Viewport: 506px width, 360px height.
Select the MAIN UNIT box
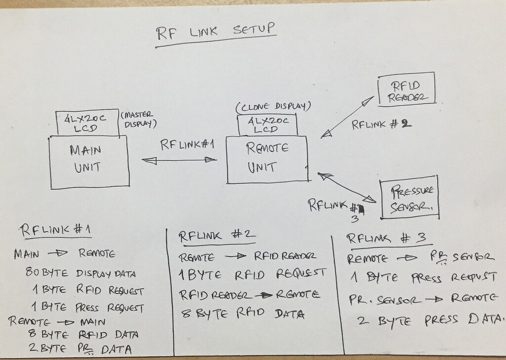[89, 162]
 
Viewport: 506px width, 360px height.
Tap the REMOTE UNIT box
[267, 160]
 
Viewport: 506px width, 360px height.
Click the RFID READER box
[407, 89]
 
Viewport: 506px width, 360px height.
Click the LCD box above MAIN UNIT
[87, 123]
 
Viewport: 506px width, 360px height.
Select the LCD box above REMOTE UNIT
[267, 125]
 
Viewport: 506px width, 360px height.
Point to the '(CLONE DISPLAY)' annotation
[273, 107]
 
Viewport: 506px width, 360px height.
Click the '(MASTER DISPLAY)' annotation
[139, 119]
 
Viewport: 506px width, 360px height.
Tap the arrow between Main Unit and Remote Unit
[179, 160]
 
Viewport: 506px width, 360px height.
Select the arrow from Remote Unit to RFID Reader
[347, 117]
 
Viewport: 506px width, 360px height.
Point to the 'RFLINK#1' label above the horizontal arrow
[187, 144]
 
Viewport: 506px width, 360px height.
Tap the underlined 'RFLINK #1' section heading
[55, 230]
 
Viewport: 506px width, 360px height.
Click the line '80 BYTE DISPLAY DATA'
[81, 273]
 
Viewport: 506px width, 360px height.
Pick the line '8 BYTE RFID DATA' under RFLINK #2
[243, 313]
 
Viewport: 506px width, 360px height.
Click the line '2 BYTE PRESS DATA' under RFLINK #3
[430, 320]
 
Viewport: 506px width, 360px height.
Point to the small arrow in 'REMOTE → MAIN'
[67, 322]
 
